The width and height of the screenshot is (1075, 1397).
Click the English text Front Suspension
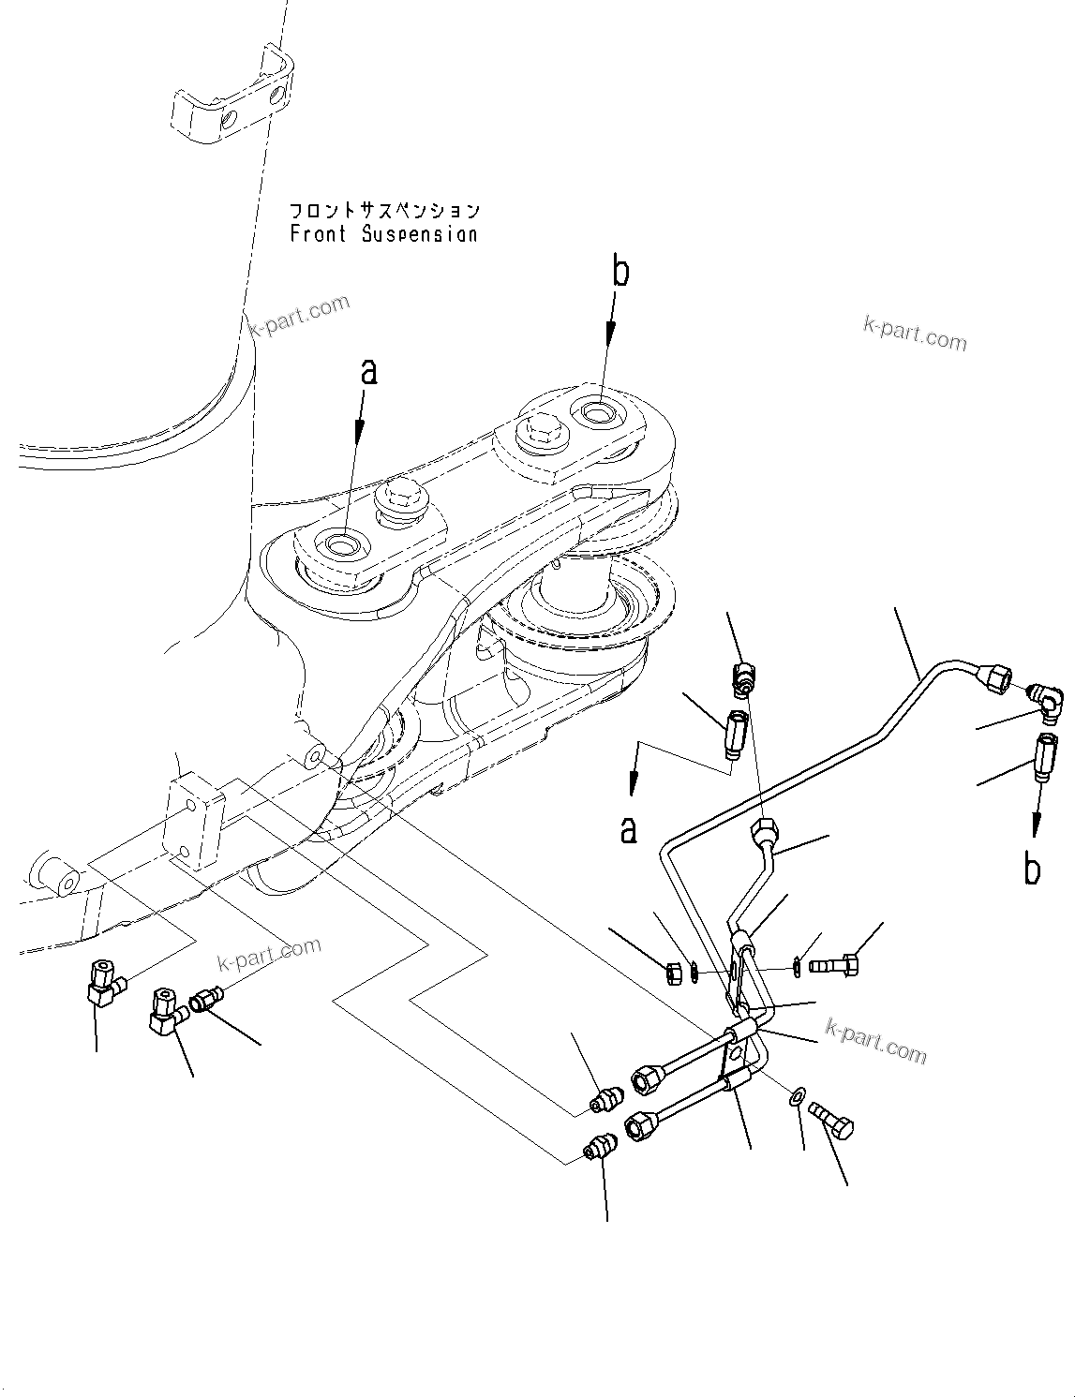[383, 234]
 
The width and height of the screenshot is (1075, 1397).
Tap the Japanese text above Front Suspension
[383, 211]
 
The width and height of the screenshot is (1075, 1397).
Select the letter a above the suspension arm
[369, 372]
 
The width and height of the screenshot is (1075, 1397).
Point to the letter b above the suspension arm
[620, 272]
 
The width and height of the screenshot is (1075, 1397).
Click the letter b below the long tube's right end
[1032, 869]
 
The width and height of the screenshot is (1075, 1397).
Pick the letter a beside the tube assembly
[628, 828]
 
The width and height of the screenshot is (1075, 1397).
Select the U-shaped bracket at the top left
[232, 98]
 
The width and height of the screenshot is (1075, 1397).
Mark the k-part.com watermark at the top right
[914, 332]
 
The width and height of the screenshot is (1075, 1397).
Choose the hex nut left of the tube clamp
[673, 973]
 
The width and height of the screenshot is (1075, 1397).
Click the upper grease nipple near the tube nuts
[604, 1099]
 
